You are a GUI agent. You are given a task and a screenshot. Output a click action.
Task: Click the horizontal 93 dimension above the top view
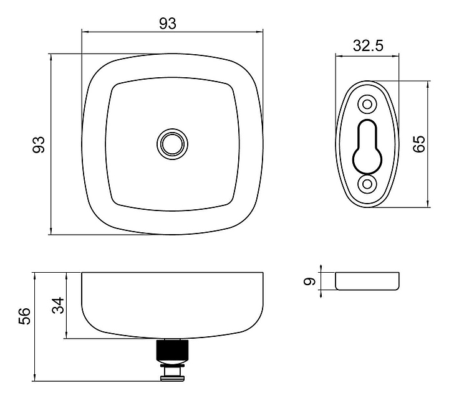pyautogui.click(x=168, y=24)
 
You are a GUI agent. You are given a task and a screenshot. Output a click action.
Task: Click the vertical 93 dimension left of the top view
pyautogui.click(x=39, y=144)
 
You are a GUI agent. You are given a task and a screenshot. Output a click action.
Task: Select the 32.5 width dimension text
pyautogui.click(x=368, y=45)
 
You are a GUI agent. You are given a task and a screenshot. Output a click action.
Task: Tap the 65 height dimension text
pyautogui.click(x=419, y=144)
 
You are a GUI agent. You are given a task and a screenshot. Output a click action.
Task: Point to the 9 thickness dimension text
pyautogui.click(x=309, y=281)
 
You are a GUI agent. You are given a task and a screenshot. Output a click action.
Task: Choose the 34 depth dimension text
pyautogui.click(x=58, y=306)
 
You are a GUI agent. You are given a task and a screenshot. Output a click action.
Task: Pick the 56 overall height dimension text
pyautogui.click(x=24, y=316)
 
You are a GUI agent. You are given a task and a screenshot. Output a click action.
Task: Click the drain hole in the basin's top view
pyautogui.click(x=172, y=144)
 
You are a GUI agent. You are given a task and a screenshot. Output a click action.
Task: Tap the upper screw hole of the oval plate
pyautogui.click(x=368, y=105)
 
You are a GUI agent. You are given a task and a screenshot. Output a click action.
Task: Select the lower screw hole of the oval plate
pyautogui.click(x=367, y=184)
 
